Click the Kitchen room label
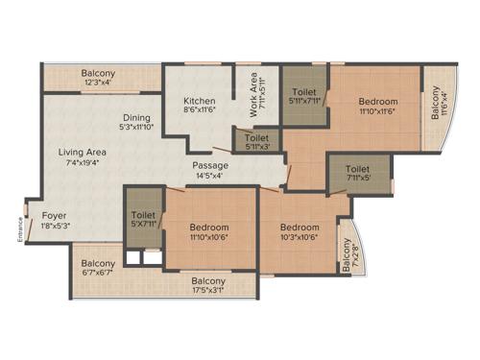[x=199, y=101]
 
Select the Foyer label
[x=54, y=215]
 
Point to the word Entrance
[x=19, y=230]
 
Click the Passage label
[x=210, y=165]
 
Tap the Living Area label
[x=82, y=152]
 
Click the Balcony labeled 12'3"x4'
[x=98, y=74]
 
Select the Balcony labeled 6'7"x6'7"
[x=98, y=264]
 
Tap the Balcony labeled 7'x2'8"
[x=348, y=255]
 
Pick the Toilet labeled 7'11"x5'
[x=359, y=168]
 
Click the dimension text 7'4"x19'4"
[x=82, y=162]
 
